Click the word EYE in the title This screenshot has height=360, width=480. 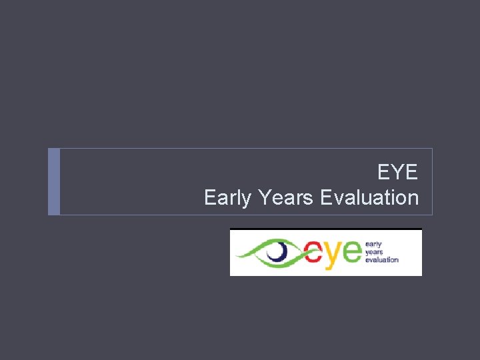[398, 173]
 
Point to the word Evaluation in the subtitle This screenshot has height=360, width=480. [369, 198]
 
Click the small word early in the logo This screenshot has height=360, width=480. [373, 245]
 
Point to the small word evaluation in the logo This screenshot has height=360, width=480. [381, 259]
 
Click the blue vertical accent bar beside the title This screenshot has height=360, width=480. [54, 181]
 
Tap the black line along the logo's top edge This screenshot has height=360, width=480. [326, 229]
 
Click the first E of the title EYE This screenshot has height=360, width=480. [384, 173]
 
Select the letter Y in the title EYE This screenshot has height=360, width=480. [398, 173]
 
